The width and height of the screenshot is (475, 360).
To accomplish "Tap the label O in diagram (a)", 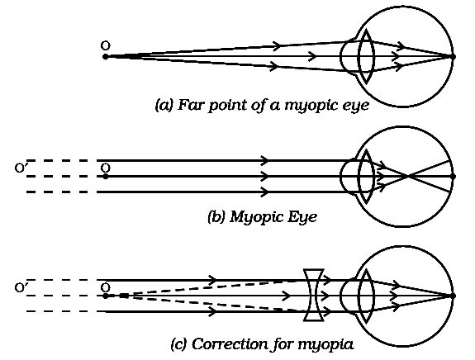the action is coord(106,45).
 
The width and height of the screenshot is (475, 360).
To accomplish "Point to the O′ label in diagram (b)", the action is coord(20,168).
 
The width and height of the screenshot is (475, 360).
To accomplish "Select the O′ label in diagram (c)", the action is coord(20,287).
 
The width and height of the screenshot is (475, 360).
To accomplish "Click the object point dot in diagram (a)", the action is coord(105,57).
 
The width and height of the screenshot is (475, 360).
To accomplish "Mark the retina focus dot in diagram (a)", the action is coord(454,57).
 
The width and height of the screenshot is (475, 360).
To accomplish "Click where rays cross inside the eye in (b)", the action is coord(408,176).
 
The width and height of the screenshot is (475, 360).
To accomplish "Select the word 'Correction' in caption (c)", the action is coord(230,344).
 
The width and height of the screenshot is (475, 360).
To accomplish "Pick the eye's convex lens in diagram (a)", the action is coord(366,56).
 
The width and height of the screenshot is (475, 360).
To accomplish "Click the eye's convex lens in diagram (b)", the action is coord(366,176).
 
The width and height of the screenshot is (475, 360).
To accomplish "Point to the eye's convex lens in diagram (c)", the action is coord(366,296).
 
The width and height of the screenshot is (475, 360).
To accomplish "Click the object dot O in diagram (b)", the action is coord(105,176).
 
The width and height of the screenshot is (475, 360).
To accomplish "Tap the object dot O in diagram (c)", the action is coord(105,296).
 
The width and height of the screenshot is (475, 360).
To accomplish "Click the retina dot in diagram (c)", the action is coord(454,296).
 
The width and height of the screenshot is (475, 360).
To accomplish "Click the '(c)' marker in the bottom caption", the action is coord(177,344).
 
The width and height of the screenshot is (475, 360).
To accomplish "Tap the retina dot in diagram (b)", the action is coord(454,176).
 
